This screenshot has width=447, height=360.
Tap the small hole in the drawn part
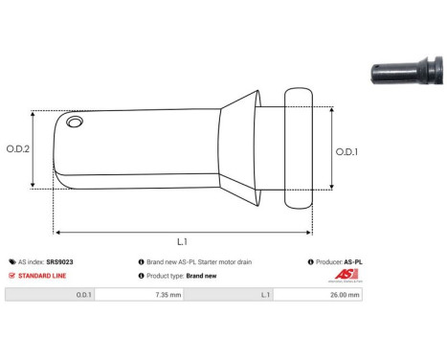click(x=76, y=124)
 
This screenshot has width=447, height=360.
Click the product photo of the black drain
click(x=406, y=74)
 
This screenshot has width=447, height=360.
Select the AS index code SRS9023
click(x=59, y=261)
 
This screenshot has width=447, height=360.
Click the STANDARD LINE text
click(x=43, y=275)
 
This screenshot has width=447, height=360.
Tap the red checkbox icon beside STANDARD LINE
click(x=11, y=275)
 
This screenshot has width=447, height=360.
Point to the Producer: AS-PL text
click(x=338, y=261)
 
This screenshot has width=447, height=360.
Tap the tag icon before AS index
click(x=11, y=261)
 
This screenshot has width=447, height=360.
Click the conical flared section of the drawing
click(x=240, y=149)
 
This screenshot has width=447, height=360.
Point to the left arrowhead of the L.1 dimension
click(x=57, y=231)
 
